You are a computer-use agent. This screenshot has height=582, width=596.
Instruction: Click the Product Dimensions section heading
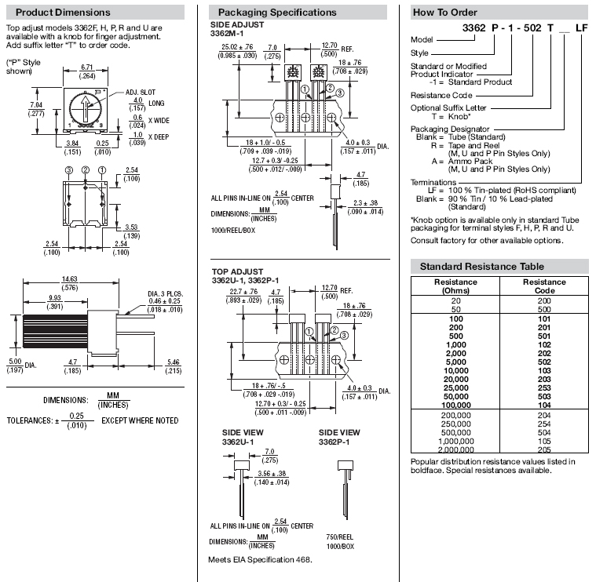coord(63,13)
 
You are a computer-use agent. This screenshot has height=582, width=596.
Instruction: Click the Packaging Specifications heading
coord(276,13)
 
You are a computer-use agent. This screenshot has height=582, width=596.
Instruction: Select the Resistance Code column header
coord(544,286)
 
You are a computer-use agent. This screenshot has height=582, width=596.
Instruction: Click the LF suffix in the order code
coord(581,27)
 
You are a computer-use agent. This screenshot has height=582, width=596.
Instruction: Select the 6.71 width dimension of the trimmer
coord(86,69)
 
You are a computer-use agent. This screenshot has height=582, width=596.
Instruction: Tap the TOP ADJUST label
coord(236,271)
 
